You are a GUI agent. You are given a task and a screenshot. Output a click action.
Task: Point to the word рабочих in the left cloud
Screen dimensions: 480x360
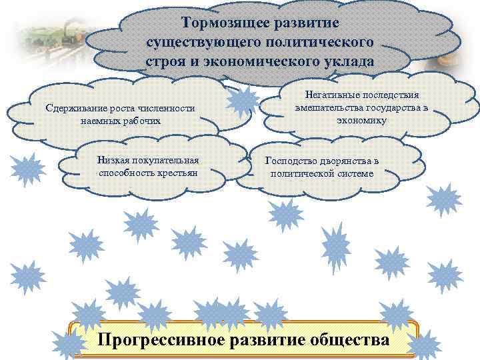coord(157,121)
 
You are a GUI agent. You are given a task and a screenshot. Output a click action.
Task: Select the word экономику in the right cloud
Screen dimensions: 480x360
coord(362,120)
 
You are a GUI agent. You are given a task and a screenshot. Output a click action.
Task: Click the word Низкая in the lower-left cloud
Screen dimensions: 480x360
coord(113,160)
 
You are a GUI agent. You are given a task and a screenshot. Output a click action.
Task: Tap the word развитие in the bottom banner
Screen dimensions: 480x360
coord(269,339)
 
